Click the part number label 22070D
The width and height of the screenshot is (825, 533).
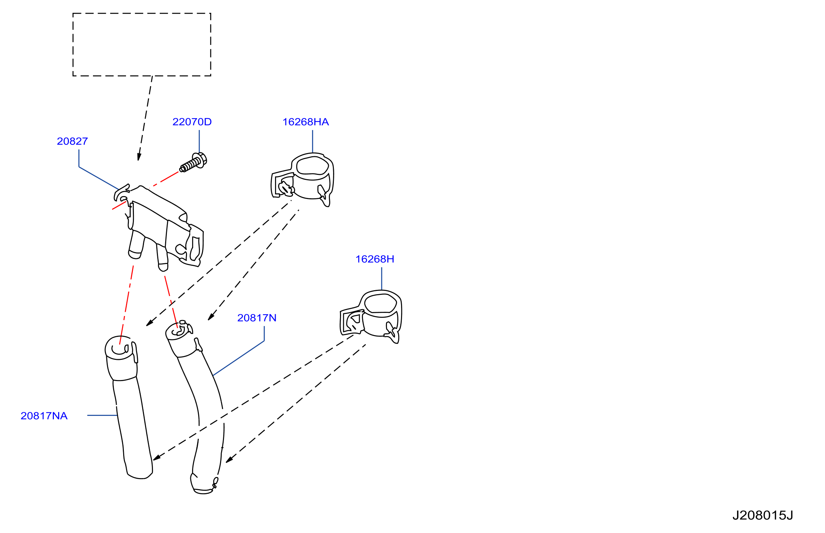coord(192,122)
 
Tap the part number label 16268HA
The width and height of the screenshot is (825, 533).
coord(306,122)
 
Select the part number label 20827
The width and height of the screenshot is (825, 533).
coord(72,142)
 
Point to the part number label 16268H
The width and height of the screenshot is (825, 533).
coord(375,259)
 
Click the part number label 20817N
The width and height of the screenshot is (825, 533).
coord(257,318)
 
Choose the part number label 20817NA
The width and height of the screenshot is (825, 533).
coord(44,416)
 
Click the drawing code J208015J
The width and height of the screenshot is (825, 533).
coord(763,516)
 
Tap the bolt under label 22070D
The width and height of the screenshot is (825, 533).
coord(193,163)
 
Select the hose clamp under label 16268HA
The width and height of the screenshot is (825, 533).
coord(302,180)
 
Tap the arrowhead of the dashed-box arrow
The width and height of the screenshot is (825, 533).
coord(139,157)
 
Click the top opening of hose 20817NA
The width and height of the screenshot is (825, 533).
coord(118,348)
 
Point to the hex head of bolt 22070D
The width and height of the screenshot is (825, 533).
coord(200,160)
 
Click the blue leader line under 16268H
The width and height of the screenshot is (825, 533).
coord(382,279)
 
